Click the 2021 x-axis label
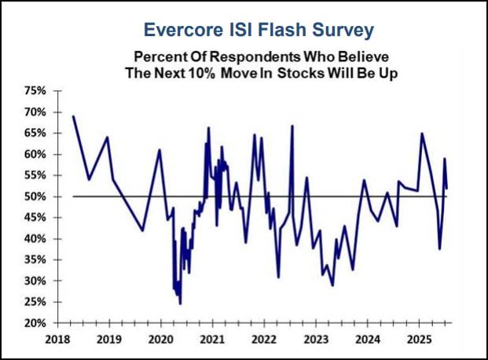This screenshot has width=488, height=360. click(211, 340)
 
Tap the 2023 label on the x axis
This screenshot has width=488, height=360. click(314, 340)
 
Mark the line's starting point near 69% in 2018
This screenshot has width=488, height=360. click(73, 116)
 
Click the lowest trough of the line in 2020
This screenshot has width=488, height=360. click(180, 303)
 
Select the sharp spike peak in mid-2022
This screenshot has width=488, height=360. click(292, 126)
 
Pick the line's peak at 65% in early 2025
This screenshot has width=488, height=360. click(422, 134)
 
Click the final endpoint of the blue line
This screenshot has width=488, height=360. click(446, 188)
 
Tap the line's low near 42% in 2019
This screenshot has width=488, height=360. click(142, 230)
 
